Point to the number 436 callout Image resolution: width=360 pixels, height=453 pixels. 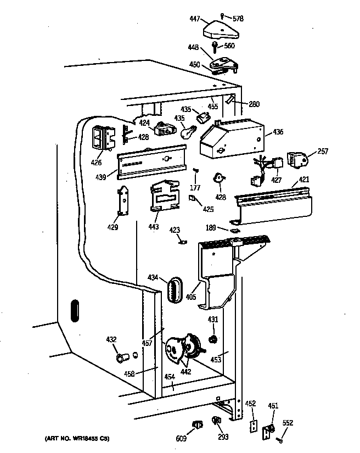coord(278,132)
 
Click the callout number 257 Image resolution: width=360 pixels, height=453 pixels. coord(323,151)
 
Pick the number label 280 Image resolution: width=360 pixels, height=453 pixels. coord(254,104)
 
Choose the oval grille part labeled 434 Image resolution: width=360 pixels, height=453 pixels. coord(175,288)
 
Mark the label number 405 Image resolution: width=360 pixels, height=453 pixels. coord(190,298)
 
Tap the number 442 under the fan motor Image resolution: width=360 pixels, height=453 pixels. coord(186,372)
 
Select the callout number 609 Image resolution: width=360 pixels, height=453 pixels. coord(181,438)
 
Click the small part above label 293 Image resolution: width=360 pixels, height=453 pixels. coord(216,421)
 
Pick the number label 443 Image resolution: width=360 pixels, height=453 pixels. coord(154,226)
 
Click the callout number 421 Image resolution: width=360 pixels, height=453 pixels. coord(303,179)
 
